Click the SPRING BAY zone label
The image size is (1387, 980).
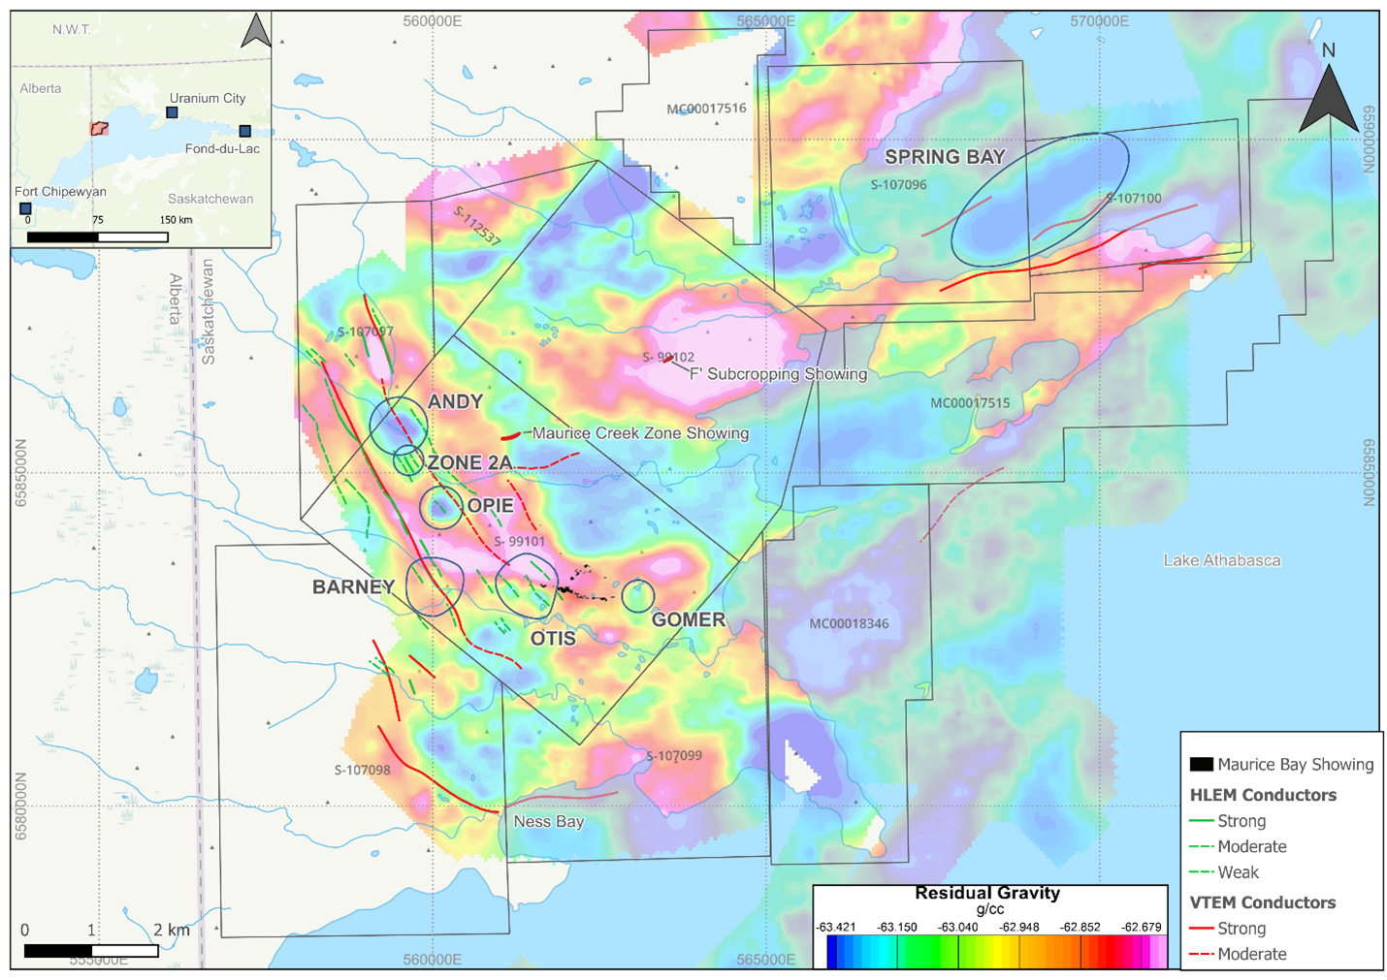point(944,157)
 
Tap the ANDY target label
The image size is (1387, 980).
point(455,401)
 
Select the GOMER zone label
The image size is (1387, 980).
point(688,619)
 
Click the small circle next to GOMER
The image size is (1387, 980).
point(637,596)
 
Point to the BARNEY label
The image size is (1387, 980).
point(353,586)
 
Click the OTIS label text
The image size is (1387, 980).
point(553,638)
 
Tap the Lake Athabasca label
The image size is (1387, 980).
point(1221,560)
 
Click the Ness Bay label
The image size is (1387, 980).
point(548,822)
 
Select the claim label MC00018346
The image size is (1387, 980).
point(849,623)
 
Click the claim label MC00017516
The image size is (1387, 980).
point(706,109)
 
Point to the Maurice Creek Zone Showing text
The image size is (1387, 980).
point(640,433)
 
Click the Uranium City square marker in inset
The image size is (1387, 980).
point(172,112)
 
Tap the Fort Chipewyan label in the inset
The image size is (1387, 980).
point(60,192)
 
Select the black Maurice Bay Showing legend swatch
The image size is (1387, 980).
point(1201,765)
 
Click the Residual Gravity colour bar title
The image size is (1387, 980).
point(987,894)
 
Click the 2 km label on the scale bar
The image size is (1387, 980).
point(172,931)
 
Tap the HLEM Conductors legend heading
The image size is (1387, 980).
point(1262,795)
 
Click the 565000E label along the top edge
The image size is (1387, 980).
point(765,21)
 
